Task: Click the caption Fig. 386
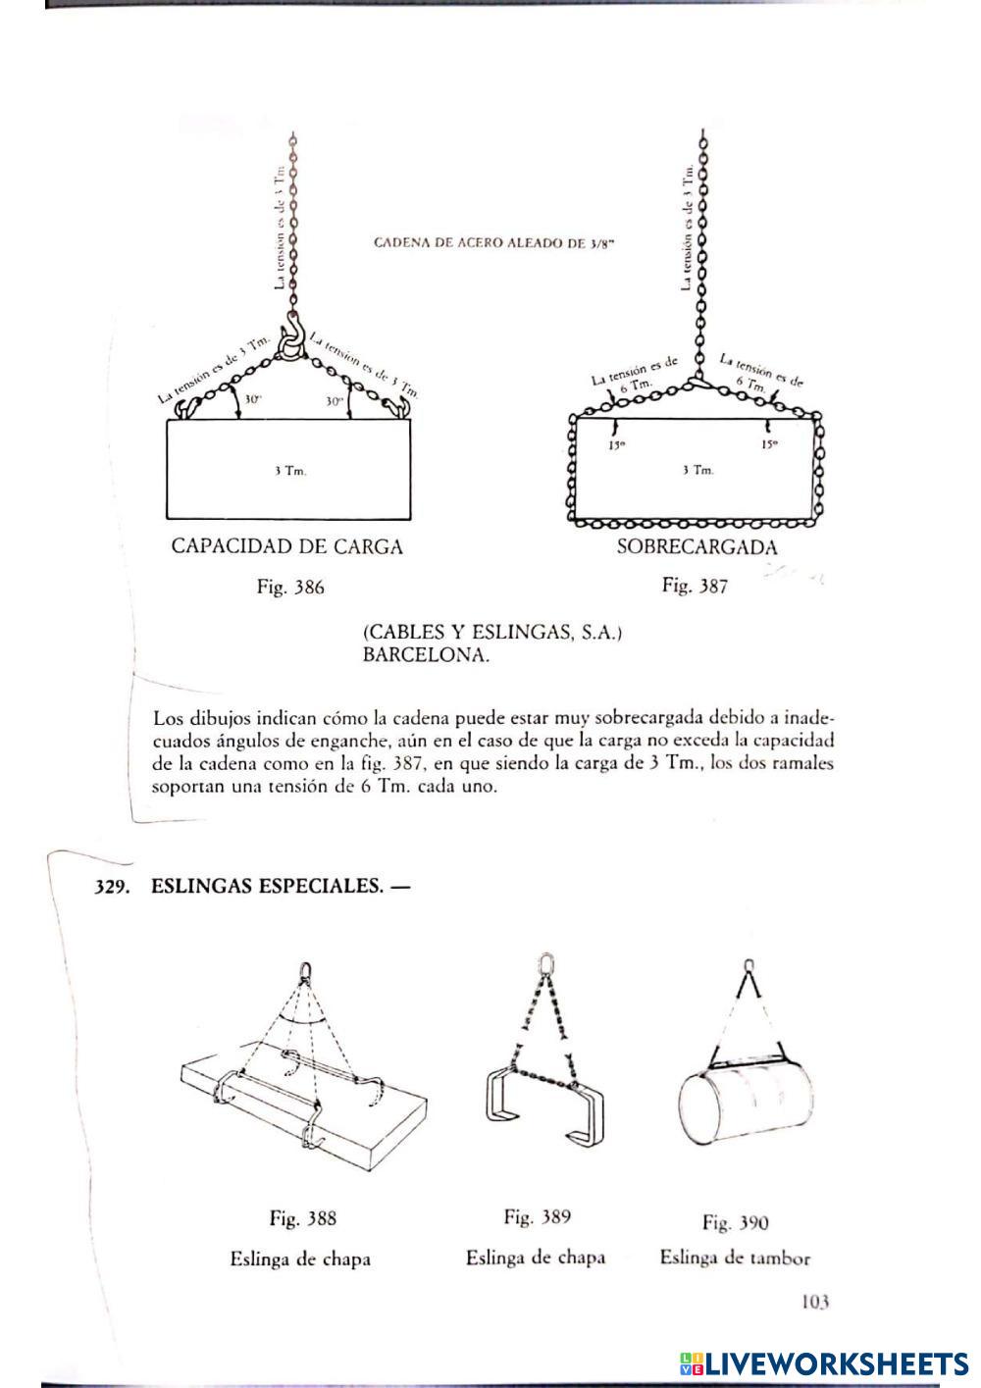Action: pyautogui.click(x=289, y=589)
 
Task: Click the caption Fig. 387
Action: pyautogui.click(x=695, y=587)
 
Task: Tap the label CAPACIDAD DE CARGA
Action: pyautogui.click(x=286, y=547)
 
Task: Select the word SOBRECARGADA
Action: pyautogui.click(x=697, y=547)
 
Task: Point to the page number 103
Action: pyautogui.click(x=815, y=1302)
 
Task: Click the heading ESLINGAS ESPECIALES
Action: pyautogui.click(x=280, y=887)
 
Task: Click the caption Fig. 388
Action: pyautogui.click(x=303, y=1219)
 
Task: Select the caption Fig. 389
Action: pyautogui.click(x=537, y=1217)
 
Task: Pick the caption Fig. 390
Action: pyautogui.click(x=735, y=1222)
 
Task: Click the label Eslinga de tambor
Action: pyautogui.click(x=735, y=1258)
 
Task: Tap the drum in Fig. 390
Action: pyautogui.click(x=746, y=1106)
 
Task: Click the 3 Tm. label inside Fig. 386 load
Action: pyautogui.click(x=290, y=472)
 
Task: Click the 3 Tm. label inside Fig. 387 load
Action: pyautogui.click(x=697, y=471)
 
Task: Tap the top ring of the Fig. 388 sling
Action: pyautogui.click(x=306, y=970)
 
